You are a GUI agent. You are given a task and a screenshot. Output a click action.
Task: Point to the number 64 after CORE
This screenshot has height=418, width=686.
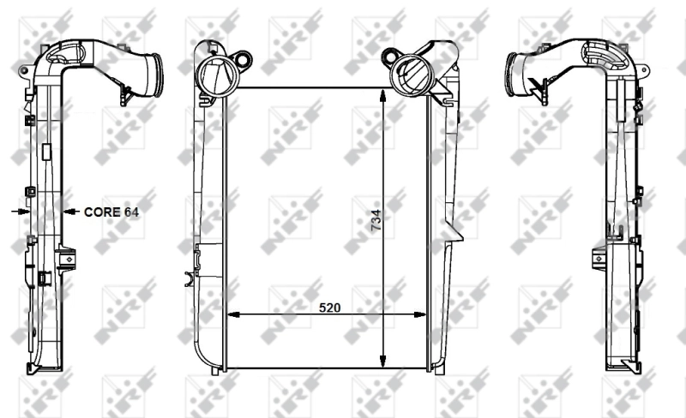point(131,210)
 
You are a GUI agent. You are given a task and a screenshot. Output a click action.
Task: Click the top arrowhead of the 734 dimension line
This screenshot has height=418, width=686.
point(385,93)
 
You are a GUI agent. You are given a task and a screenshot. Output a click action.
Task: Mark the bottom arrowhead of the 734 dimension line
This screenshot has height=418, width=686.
point(385,362)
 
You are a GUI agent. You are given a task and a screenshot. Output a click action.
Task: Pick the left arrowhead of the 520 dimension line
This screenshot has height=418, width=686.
point(231,314)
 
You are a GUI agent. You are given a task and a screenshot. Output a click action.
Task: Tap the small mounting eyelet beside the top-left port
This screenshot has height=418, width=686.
point(244,61)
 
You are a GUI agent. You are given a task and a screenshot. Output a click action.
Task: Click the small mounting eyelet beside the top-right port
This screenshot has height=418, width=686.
point(386,57)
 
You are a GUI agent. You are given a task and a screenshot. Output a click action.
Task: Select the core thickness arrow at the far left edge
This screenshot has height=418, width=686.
point(18,210)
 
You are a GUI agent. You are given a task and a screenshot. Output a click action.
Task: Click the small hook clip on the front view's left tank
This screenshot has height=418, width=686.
point(190,278)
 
